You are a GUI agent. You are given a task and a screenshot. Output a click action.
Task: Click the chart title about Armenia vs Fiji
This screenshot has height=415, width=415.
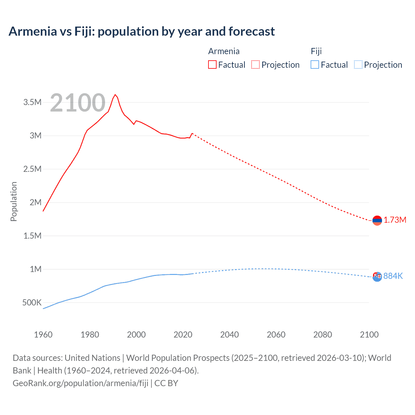pyautogui.click(x=142, y=31)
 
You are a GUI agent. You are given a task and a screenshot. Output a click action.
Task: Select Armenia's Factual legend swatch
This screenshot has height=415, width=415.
pyautogui.click(x=212, y=65)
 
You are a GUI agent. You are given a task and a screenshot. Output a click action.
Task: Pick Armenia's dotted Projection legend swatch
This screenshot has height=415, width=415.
pyautogui.click(x=255, y=65)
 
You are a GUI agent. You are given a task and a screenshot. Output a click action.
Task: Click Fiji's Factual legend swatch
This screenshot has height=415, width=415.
pyautogui.click(x=315, y=65)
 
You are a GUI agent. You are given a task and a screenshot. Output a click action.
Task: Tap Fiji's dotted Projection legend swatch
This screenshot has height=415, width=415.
pyautogui.click(x=358, y=65)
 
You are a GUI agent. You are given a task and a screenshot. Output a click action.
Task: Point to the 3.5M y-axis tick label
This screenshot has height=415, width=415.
pyautogui.click(x=32, y=102)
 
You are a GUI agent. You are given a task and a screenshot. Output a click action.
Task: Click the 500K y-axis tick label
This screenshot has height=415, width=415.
pyautogui.click(x=32, y=303)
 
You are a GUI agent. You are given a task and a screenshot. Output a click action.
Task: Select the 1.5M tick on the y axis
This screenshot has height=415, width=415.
pyautogui.click(x=32, y=236)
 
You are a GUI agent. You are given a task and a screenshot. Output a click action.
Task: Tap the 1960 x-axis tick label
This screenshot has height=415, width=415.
pyautogui.click(x=43, y=335)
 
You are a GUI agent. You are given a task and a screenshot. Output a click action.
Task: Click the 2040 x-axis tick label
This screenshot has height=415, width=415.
pyautogui.click(x=230, y=335)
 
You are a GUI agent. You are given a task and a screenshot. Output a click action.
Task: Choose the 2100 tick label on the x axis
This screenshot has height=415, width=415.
pyautogui.click(x=369, y=335)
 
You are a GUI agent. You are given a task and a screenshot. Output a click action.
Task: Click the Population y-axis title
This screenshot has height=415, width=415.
pyautogui.click(x=14, y=201)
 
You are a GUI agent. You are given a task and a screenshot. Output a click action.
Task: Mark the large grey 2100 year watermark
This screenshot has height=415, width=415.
pyautogui.click(x=78, y=103)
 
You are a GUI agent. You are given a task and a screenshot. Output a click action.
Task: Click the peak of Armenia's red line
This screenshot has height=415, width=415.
pyautogui.click(x=115, y=95)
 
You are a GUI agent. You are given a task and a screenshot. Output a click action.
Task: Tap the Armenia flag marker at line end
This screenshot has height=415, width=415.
pyautogui.click(x=377, y=220)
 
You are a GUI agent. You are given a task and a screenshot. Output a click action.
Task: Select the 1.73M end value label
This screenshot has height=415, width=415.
pyautogui.click(x=395, y=220)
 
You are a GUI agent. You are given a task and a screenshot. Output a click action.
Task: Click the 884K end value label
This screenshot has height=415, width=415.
pyautogui.click(x=393, y=276)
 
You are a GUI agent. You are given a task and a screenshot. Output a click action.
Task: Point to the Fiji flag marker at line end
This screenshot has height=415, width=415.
pyautogui.click(x=377, y=277)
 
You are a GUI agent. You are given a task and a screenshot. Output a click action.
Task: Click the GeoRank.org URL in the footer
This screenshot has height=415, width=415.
pyautogui.click(x=80, y=383)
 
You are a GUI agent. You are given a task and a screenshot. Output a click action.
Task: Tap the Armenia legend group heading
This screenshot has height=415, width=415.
pyautogui.click(x=224, y=51)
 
